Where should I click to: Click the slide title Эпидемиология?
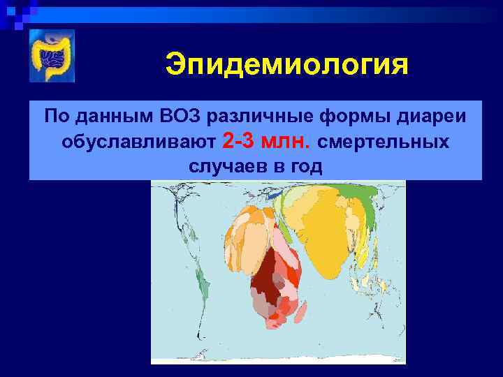point(286,66)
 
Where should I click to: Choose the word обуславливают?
point(138,142)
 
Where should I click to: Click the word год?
point(308,167)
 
